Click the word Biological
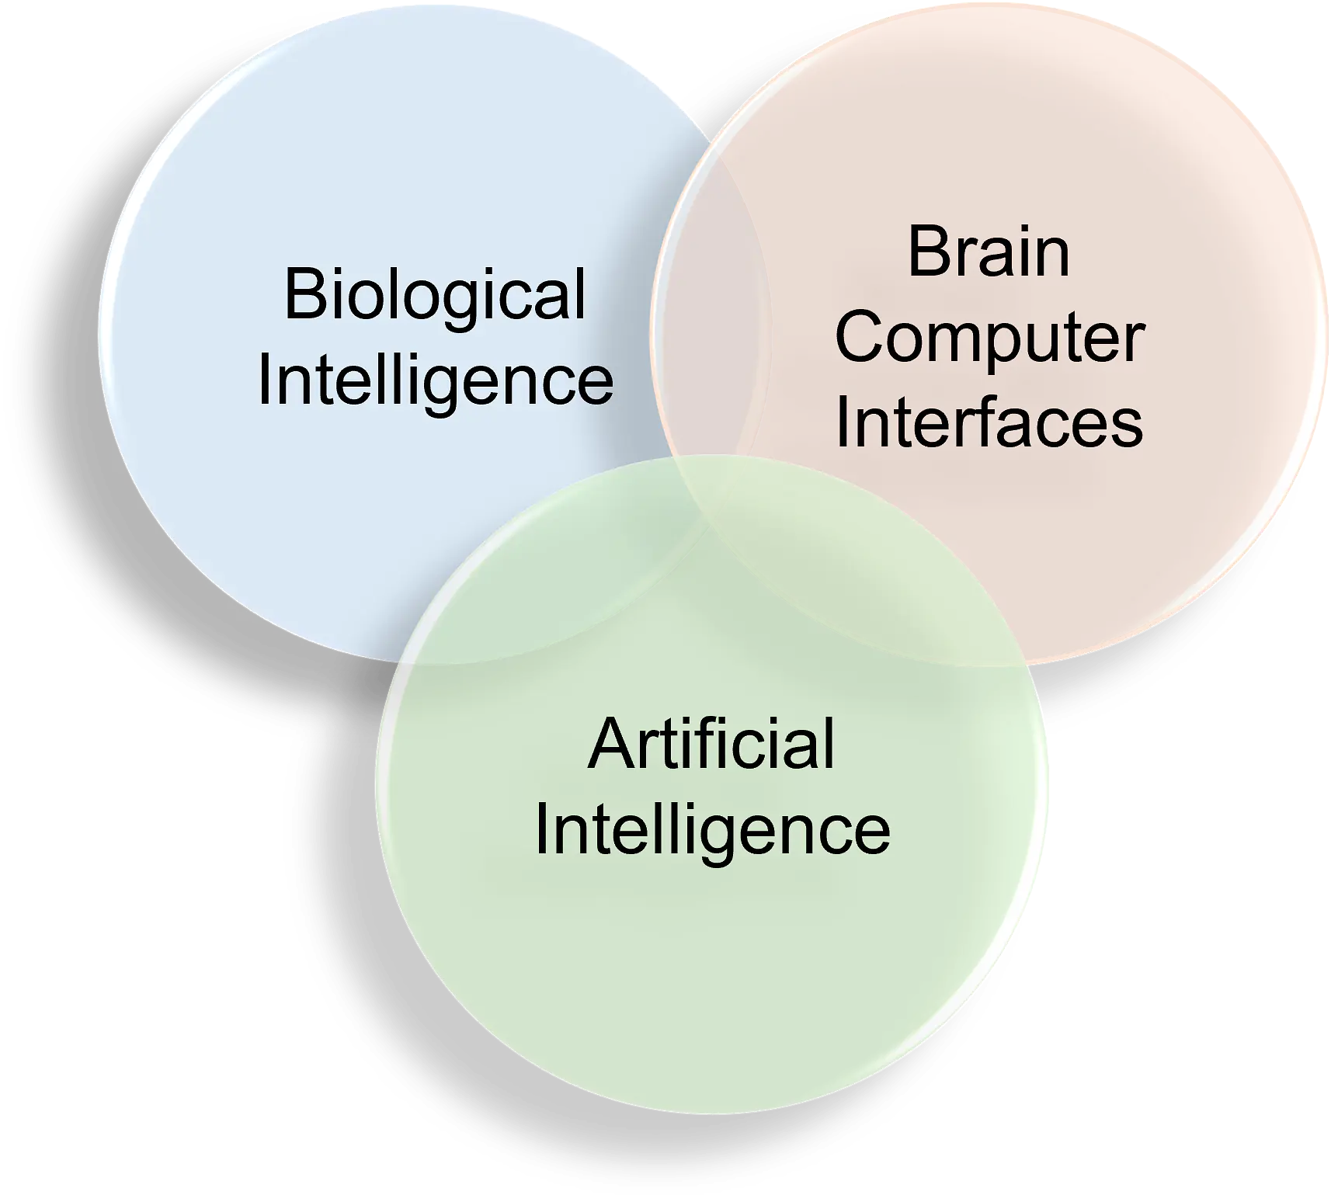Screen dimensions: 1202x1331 pos(435,295)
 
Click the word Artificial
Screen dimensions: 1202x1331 pos(711,744)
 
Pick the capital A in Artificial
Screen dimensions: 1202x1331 pos(608,744)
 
